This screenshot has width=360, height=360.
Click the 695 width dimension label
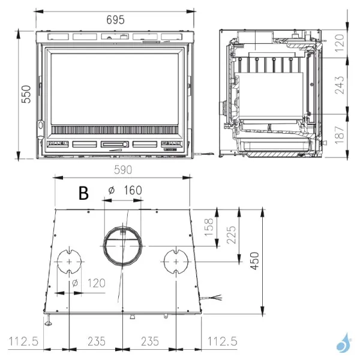click(115, 20)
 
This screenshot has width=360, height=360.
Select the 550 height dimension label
click(26, 94)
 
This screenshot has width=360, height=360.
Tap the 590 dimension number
click(123, 170)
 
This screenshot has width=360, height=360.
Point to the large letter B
click(83, 193)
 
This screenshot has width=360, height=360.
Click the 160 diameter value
click(133, 190)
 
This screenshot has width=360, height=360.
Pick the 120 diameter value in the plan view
click(97, 283)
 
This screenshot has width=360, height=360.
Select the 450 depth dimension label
click(254, 261)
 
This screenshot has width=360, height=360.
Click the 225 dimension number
click(231, 235)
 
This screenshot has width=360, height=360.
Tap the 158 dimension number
click(209, 227)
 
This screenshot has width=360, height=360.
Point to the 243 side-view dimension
click(340, 85)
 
